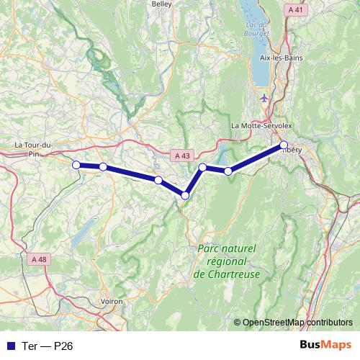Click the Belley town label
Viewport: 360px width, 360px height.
[161, 4]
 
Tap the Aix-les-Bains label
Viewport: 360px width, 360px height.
[281, 57]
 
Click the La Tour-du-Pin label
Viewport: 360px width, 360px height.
[35, 148]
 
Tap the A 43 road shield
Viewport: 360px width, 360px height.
[183, 155]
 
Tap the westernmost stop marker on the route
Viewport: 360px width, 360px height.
[76, 165]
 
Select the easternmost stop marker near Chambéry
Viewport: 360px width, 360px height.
[284, 145]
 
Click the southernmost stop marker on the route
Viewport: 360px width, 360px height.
[186, 195]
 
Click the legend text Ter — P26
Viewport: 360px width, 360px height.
[47, 346]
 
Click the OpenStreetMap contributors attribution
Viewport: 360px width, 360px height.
[297, 322]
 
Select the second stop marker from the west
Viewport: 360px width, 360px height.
[103, 167]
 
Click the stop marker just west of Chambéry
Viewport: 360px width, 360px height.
[228, 171]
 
